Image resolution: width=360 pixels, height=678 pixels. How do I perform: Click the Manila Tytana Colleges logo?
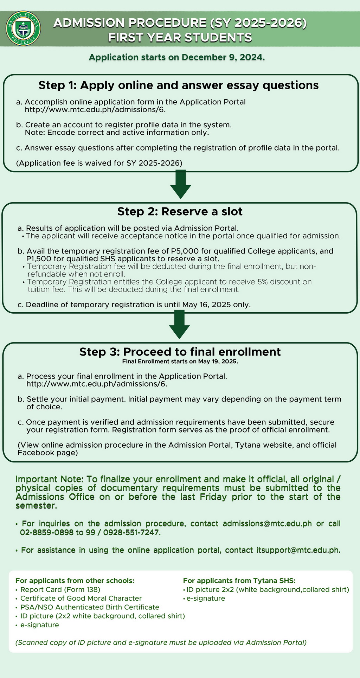click(x=24, y=28)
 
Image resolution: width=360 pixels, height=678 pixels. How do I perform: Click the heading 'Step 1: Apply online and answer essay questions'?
click(x=179, y=85)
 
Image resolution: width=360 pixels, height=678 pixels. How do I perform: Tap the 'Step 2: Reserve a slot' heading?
click(x=180, y=211)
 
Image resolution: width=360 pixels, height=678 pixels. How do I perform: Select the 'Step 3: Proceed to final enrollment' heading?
click(x=180, y=352)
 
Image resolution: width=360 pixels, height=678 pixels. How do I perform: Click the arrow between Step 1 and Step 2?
click(x=180, y=184)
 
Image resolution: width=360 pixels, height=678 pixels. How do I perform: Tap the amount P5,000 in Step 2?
click(x=190, y=251)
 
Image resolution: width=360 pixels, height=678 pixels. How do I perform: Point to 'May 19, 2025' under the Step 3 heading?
click(x=218, y=362)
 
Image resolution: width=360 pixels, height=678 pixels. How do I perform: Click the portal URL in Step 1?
click(x=95, y=109)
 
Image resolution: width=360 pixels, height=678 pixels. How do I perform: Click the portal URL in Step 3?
click(x=97, y=384)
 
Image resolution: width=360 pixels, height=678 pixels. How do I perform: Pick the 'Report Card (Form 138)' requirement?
click(x=60, y=589)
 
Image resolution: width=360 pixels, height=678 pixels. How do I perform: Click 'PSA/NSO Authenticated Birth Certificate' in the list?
click(x=90, y=607)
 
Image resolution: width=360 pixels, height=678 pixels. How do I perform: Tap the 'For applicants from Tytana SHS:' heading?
click(x=239, y=581)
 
